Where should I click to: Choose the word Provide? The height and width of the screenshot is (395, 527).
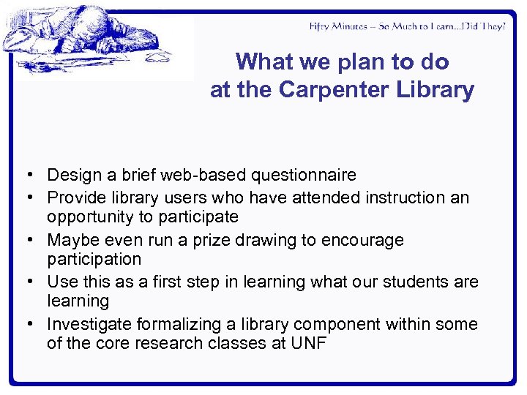pos(75,197)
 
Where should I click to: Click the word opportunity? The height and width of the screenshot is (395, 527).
pos(89,217)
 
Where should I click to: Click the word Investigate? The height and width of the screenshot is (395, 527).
pos(89,324)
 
